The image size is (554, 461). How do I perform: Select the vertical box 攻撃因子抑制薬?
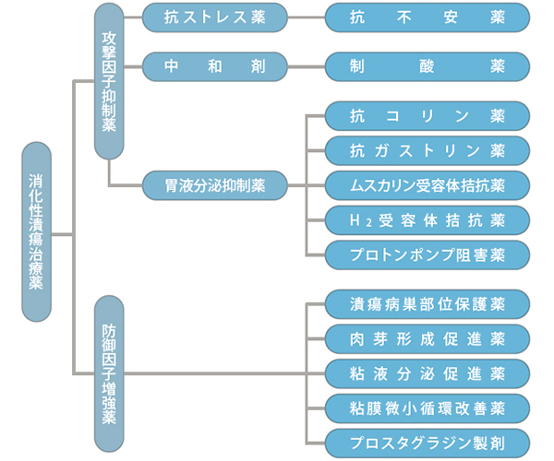[109, 81]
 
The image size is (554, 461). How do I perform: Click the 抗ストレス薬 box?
[214, 17]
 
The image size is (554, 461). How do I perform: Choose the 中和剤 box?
[214, 66]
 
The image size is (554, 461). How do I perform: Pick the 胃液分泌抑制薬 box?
[214, 185]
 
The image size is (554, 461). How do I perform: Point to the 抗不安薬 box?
[428, 17]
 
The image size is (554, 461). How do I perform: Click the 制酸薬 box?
[428, 66]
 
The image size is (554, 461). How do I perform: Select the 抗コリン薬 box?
[428, 116]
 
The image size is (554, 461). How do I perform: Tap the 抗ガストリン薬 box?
[428, 150]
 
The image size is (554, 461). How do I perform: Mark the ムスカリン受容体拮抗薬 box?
[428, 185]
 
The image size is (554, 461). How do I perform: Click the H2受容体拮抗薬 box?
[428, 219]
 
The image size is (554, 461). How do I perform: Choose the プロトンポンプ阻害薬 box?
[428, 254]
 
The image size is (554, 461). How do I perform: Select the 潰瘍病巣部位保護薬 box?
[428, 304]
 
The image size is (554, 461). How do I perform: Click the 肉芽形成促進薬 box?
[428, 338]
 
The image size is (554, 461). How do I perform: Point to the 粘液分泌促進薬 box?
[428, 372]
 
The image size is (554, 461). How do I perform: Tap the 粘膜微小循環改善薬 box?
[428, 407]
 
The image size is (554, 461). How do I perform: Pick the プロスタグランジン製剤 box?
[428, 441]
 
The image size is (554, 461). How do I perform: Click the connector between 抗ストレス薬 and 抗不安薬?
[307, 17]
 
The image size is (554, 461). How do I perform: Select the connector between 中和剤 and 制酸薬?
[307, 66]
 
